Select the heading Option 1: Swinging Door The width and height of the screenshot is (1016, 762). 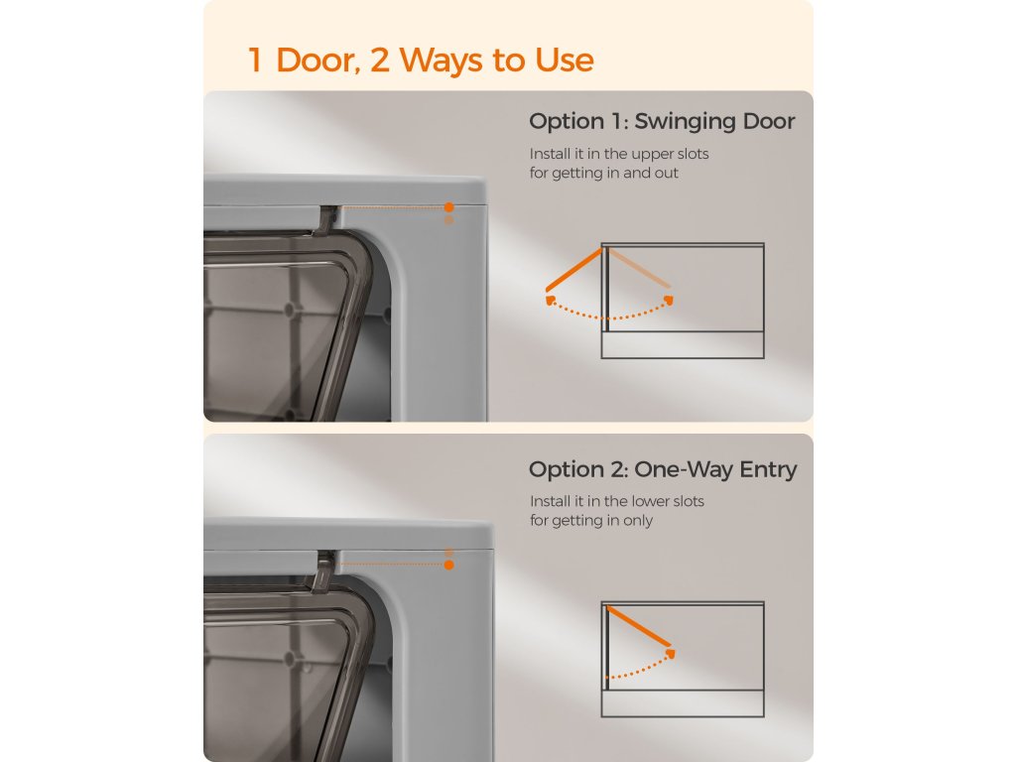pos(662,122)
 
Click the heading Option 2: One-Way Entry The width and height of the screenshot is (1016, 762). pos(662,469)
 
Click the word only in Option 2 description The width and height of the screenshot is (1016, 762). pos(638,521)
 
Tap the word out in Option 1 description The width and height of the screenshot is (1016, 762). pos(667,174)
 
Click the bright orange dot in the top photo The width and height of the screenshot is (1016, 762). pos(449,207)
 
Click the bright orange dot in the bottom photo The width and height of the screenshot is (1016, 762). pos(449,565)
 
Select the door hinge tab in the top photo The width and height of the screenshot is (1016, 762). pos(327,219)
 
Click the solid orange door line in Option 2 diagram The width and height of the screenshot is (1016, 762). pos(639,627)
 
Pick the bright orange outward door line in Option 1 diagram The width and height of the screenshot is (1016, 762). pos(574,270)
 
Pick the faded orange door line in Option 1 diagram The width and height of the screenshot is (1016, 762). pos(639,268)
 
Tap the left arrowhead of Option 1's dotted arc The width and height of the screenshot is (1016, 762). pos(550,300)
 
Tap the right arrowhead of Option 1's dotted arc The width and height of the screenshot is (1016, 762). pos(669,300)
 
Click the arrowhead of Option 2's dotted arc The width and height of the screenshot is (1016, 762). pos(670,653)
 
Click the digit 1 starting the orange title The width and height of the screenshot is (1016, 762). pos(255,60)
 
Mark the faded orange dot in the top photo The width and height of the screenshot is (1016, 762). pos(449,221)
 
